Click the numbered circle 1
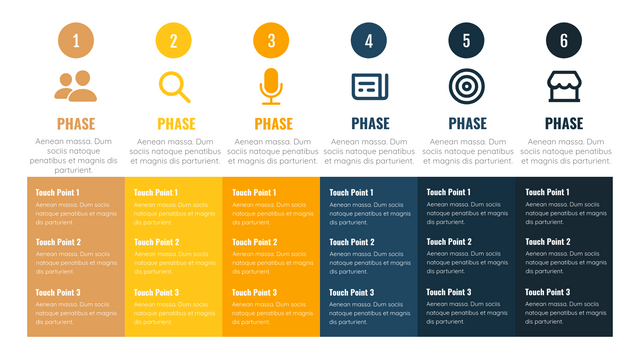[76, 41]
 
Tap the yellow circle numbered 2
[174, 41]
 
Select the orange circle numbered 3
[271, 41]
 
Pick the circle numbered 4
[369, 41]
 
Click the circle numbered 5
[466, 41]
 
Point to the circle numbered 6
[564, 41]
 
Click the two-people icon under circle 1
[76, 87]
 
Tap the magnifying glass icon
[174, 87]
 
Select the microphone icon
[271, 87]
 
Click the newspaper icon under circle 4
[369, 87]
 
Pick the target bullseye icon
[466, 87]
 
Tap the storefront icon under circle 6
[564, 87]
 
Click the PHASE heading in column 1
[76, 124]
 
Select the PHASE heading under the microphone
[273, 124]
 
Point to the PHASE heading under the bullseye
[467, 124]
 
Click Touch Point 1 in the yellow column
[156, 193]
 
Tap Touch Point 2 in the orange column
[254, 242]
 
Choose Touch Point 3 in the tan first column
[58, 292]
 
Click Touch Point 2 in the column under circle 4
[351, 242]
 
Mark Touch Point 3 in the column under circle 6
[547, 292]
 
